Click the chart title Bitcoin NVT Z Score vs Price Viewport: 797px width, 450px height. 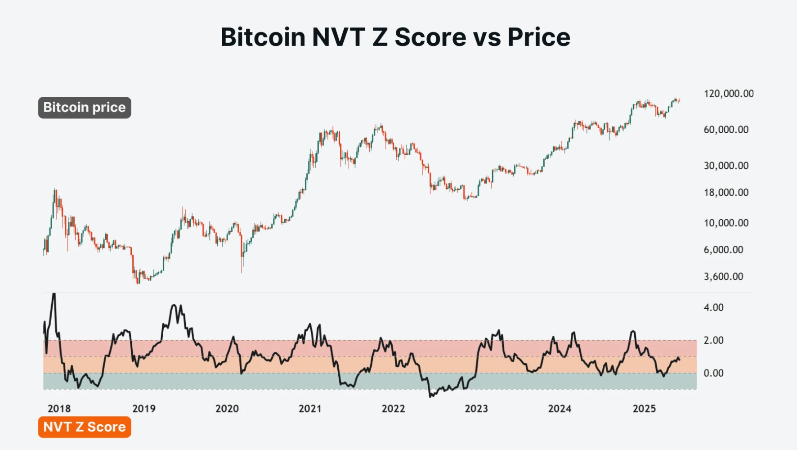[395, 37]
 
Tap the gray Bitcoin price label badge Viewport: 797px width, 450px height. [85, 108]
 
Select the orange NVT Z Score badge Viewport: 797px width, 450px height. [85, 427]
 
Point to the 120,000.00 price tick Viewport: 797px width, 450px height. [728, 94]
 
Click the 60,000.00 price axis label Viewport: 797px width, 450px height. [726, 130]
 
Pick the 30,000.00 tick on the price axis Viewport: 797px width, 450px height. [726, 166]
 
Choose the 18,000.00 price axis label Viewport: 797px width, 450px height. [726, 193]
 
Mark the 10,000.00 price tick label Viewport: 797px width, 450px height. [726, 223]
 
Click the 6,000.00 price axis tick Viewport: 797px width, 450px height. [723, 250]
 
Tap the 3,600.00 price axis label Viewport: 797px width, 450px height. [723, 277]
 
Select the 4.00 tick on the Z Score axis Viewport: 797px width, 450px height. [713, 307]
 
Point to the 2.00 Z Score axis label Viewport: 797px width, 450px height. [713, 340]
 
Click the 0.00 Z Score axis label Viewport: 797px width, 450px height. [713, 373]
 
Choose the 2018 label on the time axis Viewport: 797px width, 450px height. [59, 409]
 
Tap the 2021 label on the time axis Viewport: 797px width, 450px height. [310, 409]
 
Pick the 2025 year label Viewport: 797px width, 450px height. [644, 409]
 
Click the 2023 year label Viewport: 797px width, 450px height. [476, 409]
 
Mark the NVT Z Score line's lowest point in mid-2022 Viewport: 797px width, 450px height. [430, 396]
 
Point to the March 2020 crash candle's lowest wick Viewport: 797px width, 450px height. [242, 272]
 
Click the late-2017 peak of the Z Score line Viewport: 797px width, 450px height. [54, 294]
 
